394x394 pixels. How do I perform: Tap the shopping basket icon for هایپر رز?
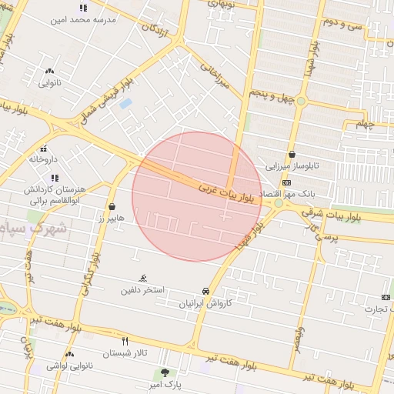click(113, 206)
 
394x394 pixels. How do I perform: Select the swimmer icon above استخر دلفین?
click(142, 279)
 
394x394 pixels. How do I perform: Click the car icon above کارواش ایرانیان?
click(205, 292)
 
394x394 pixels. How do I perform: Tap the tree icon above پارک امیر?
click(164, 372)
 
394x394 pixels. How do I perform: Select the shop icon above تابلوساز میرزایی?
click(292, 155)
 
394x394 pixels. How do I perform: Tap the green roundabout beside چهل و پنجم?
click(302, 101)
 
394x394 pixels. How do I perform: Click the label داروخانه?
click(44, 159)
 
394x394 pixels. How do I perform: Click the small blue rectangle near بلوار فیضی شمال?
click(125, 103)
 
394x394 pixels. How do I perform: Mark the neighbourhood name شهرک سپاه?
click(34, 229)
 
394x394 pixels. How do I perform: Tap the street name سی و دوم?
click(344, 25)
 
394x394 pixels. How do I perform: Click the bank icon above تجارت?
click(385, 298)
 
